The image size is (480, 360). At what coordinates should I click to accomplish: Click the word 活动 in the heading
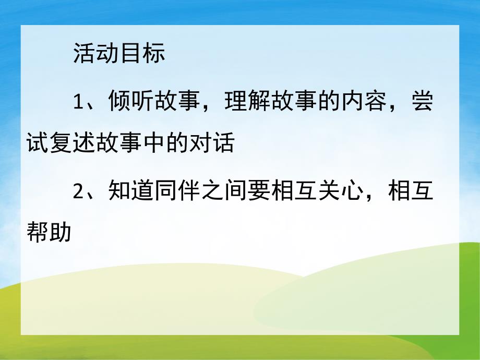[x=97, y=54]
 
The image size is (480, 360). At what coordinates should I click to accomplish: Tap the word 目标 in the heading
[x=142, y=54]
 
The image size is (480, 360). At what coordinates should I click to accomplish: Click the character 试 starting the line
[x=38, y=143]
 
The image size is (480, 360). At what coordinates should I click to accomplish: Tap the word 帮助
[x=50, y=233]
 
